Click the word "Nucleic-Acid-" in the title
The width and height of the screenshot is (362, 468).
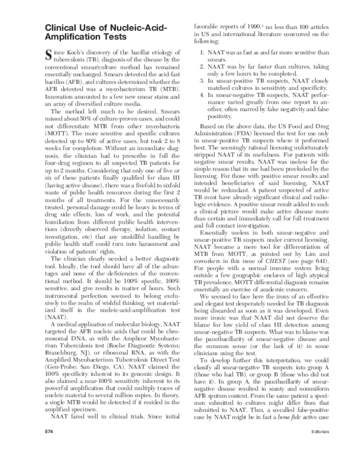(x=124, y=27)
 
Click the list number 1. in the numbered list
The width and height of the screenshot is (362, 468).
(x=203, y=52)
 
